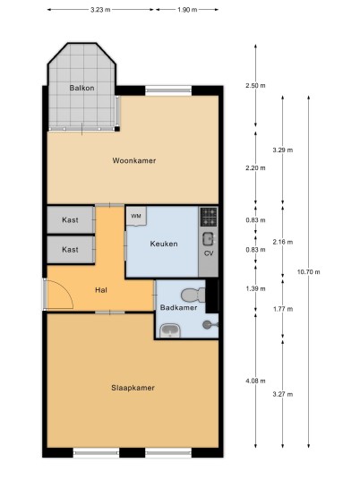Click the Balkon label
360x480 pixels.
coord(81,88)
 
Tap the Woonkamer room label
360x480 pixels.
coord(134,160)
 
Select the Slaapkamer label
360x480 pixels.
coord(133,388)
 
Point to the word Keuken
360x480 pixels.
coord(164,244)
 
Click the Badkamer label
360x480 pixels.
coord(179,307)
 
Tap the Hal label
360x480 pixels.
coord(101,289)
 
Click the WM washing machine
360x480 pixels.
coord(136,217)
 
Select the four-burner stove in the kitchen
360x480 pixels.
coord(209,217)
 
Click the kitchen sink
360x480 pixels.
coord(209,239)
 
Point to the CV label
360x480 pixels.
coord(209,253)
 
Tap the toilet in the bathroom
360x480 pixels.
coord(193,296)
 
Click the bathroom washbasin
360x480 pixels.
coord(170,330)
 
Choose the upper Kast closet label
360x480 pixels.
coord(70,219)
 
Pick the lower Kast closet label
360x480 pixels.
coord(70,250)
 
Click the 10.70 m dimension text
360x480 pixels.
coord(309,271)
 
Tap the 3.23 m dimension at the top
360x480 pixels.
coord(100,10)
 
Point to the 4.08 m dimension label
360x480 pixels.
coord(255,381)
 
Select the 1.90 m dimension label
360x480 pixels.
coord(187,10)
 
